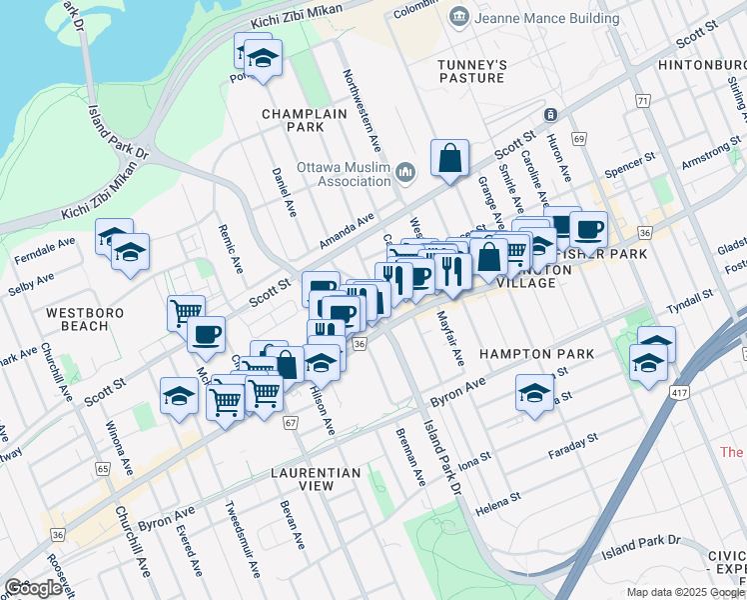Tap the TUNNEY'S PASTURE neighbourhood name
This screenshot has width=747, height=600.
pyautogui.click(x=472, y=71)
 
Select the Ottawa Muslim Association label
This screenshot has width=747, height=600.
pyautogui.click(x=344, y=174)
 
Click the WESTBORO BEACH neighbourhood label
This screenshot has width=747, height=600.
pyautogui.click(x=85, y=319)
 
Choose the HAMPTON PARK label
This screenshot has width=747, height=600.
pyautogui.click(x=536, y=354)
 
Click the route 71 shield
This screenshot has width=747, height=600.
pyautogui.click(x=642, y=101)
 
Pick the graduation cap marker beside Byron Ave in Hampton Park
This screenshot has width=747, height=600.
pyautogui.click(x=535, y=393)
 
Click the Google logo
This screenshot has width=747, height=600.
pyautogui.click(x=33, y=588)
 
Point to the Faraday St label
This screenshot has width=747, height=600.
pyautogui.click(x=573, y=446)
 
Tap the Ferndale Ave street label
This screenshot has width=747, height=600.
pyautogui.click(x=45, y=251)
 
